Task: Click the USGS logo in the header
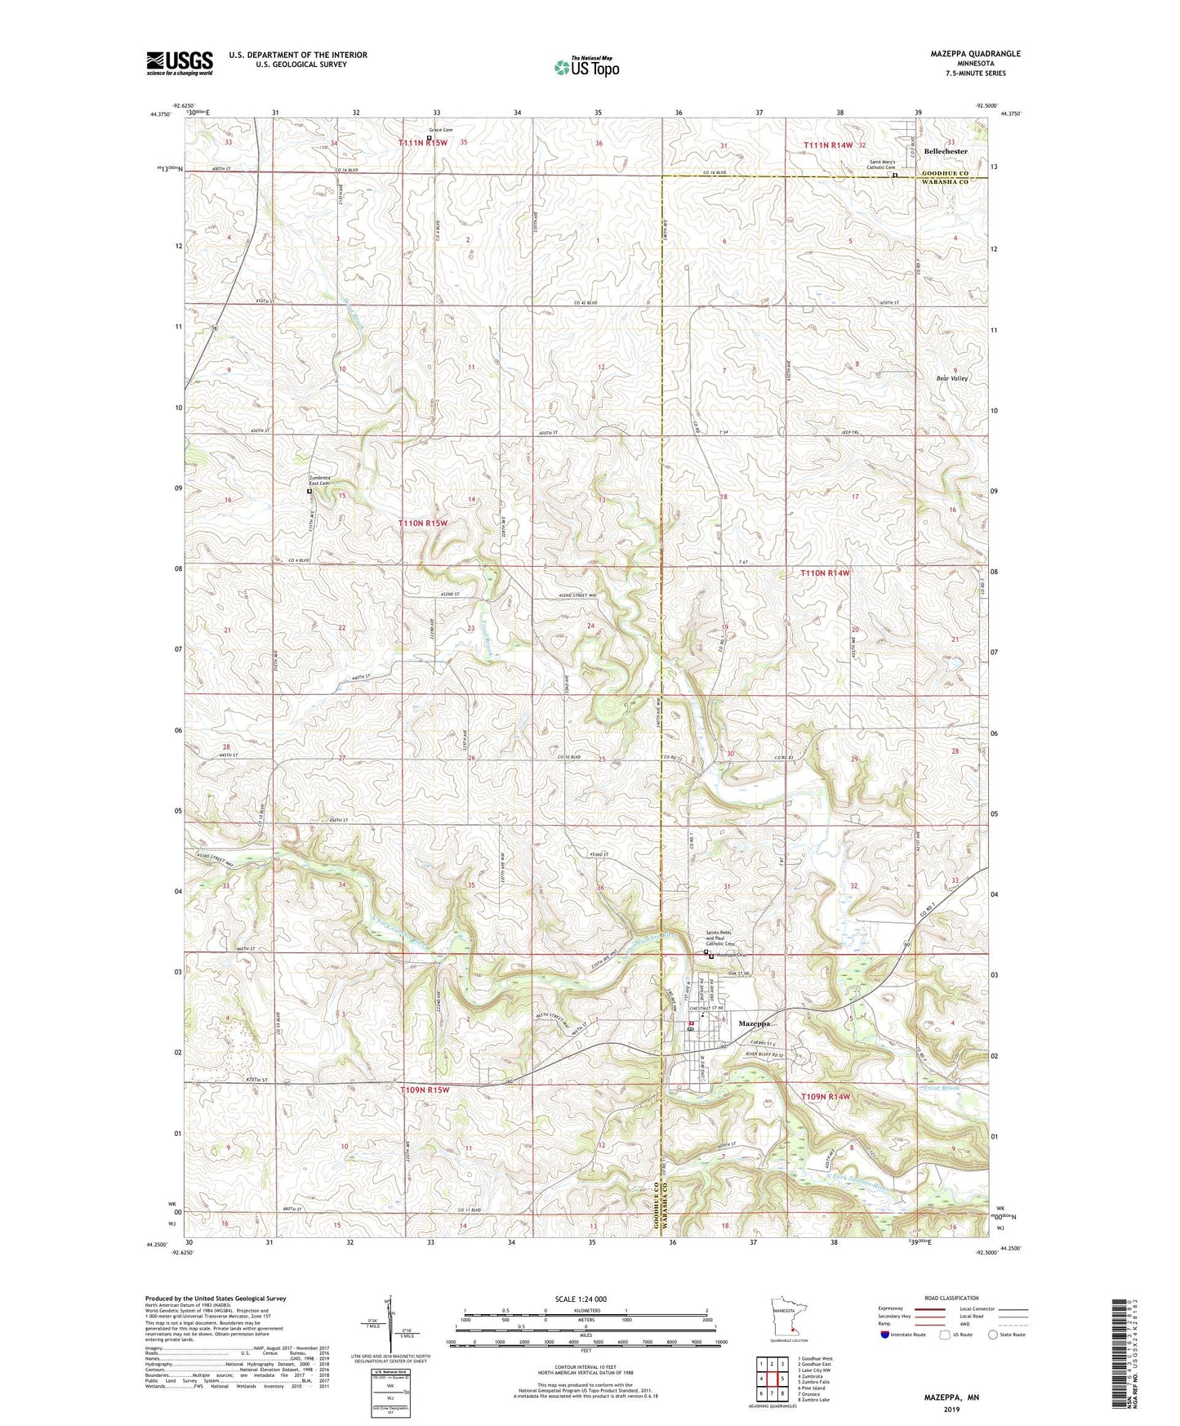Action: pos(180,63)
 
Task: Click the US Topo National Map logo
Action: pos(586,67)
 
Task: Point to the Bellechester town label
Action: pos(945,151)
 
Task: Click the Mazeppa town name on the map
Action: pos(754,1023)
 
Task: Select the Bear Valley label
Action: pos(951,379)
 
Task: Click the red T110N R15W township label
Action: pos(423,523)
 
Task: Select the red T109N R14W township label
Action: pos(826,1096)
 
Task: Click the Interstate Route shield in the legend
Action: pos(886,1335)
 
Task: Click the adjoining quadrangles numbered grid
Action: pos(771,1381)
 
